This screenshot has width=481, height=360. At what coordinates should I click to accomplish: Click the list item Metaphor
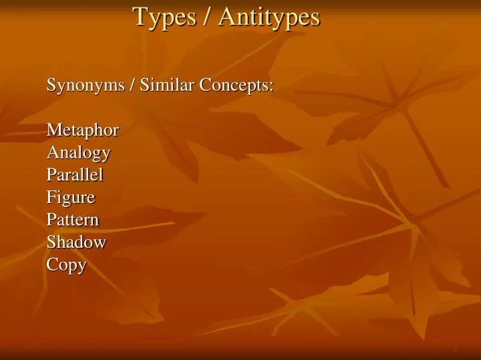coord(83,130)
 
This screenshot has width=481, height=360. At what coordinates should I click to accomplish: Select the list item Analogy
coord(78,153)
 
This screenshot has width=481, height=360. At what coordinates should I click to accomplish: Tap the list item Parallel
coord(75,175)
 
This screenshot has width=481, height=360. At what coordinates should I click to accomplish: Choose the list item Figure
coord(71,198)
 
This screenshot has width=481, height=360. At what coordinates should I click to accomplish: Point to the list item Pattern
coord(73,220)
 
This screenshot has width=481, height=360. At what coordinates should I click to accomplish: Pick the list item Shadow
coord(76,242)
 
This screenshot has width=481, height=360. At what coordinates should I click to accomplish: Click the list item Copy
coord(66,265)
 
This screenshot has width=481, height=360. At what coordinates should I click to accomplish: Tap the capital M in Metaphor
coord(53,130)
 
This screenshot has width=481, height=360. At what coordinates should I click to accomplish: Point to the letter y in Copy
coord(82,266)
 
